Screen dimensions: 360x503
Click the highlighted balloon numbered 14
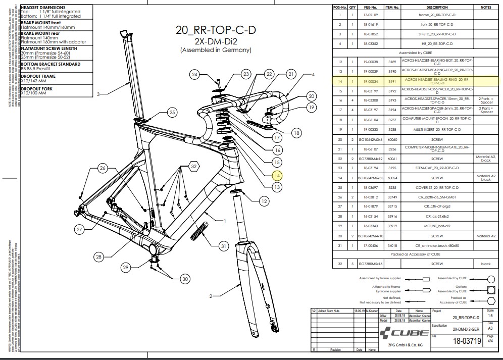(277, 176)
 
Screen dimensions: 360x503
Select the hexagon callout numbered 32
(193, 166)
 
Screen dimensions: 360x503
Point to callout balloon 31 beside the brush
(223, 246)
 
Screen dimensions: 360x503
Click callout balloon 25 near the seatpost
(172, 113)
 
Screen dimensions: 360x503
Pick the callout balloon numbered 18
(296, 133)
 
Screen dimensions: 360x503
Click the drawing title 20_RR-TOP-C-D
(216, 30)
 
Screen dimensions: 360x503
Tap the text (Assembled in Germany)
(216, 50)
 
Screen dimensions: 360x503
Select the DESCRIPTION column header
(437, 8)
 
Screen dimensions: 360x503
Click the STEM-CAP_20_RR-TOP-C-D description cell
(437, 168)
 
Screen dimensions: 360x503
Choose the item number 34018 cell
(392, 245)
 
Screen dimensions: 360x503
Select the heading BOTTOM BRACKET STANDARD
(50, 64)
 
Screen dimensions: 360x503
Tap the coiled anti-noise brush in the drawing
(199, 229)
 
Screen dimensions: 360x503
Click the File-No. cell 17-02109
(371, 15)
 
